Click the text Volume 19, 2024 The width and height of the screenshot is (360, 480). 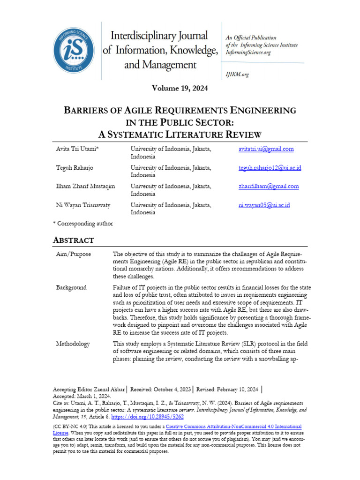[180, 88]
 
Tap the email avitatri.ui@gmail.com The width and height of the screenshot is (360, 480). [266, 149]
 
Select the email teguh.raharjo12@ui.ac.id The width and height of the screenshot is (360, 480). [270, 168]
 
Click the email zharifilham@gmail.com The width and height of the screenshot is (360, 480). [268, 186]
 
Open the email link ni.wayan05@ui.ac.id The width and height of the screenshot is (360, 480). [264, 205]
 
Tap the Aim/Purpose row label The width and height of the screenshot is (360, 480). [73, 254]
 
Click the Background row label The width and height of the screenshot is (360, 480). [71, 287]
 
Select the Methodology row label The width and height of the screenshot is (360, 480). [73, 344]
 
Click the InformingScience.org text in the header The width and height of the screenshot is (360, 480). [248, 52]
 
